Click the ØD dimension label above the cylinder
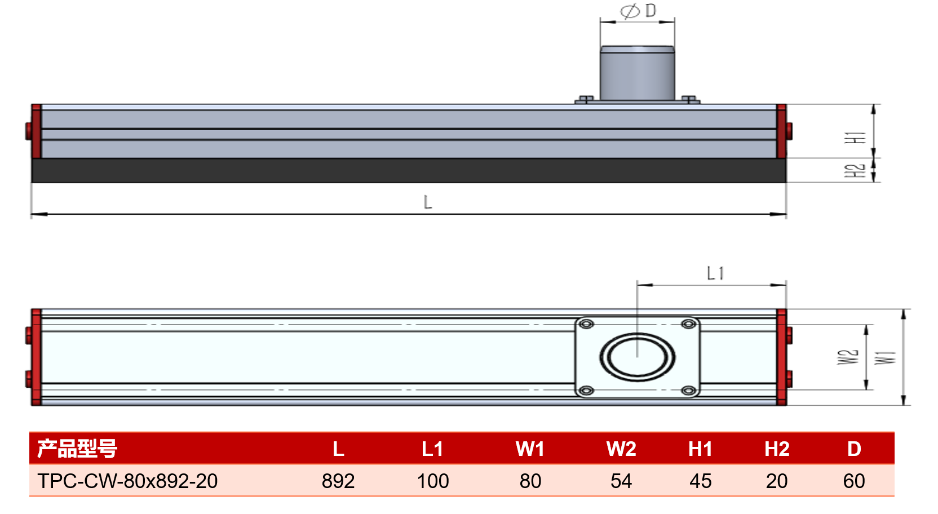pyautogui.click(x=638, y=11)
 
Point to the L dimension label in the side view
pyautogui.click(x=427, y=202)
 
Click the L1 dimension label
pyautogui.click(x=715, y=274)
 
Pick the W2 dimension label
pyautogui.click(x=848, y=357)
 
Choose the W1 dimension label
pyautogui.click(x=885, y=358)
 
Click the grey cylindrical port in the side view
pyautogui.click(x=638, y=73)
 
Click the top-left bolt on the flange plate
pyautogui.click(x=586, y=324)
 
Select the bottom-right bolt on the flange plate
pyautogui.click(x=689, y=391)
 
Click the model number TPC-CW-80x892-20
pyautogui.click(x=127, y=481)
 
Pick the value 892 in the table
pyautogui.click(x=338, y=481)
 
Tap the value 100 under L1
pyautogui.click(x=433, y=481)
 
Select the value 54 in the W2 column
pyautogui.click(x=621, y=481)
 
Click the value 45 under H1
pyautogui.click(x=700, y=481)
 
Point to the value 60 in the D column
pyautogui.click(x=854, y=481)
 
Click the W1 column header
pyautogui.click(x=530, y=449)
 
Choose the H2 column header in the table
pyautogui.click(x=777, y=449)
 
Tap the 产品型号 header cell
pyautogui.click(x=77, y=449)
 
